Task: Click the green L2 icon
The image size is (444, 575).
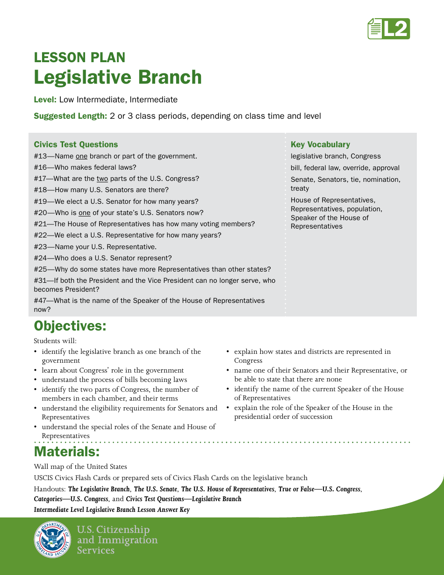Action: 388,29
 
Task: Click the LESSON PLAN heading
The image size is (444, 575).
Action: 79,57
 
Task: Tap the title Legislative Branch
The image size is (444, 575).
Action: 117,77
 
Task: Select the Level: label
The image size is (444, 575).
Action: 45,100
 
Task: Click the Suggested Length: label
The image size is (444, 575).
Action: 71,116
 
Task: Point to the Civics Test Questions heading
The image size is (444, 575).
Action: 76,144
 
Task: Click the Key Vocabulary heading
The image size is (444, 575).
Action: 320,144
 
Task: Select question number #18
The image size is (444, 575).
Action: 43,190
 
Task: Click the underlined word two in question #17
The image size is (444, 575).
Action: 102,179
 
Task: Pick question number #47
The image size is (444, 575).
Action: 43,301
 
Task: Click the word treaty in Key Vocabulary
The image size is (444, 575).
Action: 300,188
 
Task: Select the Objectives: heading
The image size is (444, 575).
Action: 70,326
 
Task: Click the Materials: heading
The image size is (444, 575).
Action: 67,452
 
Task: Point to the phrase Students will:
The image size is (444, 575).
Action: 55,341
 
